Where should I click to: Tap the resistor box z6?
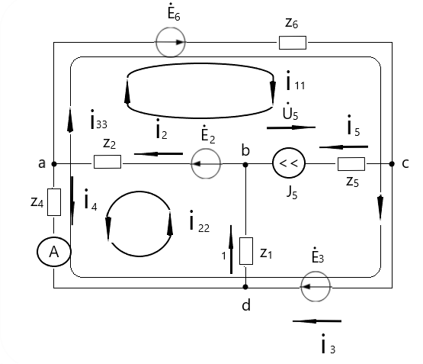(x=293, y=43)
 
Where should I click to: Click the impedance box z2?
(x=107, y=162)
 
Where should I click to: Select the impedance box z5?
(x=351, y=164)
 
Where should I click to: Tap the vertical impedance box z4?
(x=54, y=202)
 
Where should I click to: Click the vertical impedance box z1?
(x=246, y=251)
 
